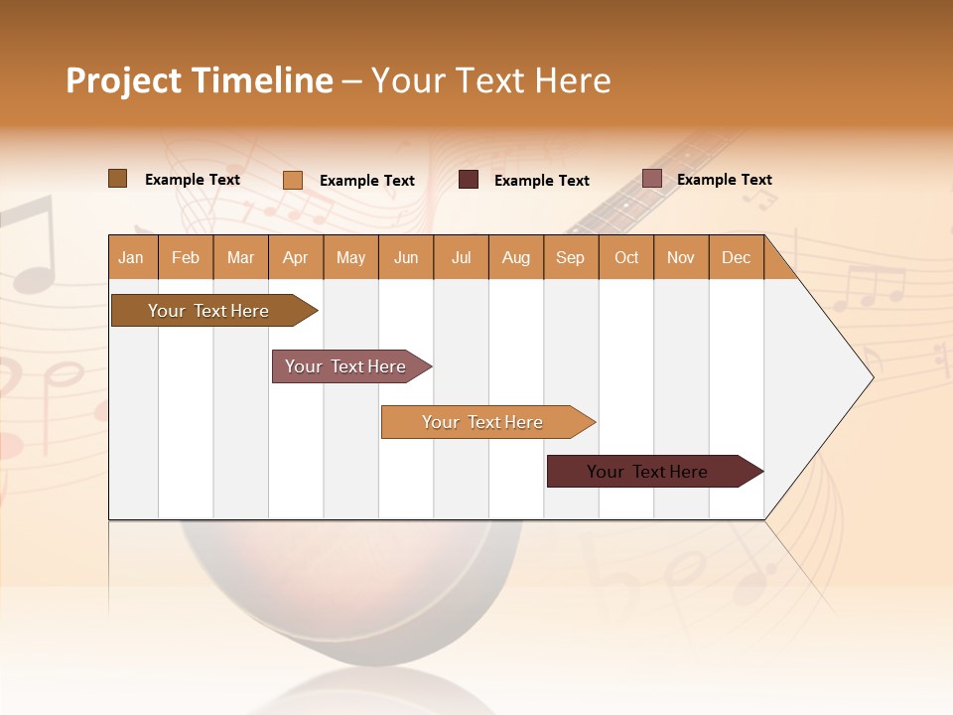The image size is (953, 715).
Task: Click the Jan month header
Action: click(132, 257)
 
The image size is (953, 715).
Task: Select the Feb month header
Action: click(186, 257)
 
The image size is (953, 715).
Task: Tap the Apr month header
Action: click(296, 257)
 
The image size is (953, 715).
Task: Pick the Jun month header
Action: click(406, 257)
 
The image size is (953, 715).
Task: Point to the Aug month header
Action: click(516, 257)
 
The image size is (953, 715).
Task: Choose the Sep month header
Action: click(571, 257)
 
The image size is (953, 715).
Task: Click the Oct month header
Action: click(626, 257)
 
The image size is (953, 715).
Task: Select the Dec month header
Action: click(737, 257)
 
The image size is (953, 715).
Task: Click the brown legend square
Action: click(118, 179)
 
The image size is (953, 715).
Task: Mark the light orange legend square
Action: click(293, 180)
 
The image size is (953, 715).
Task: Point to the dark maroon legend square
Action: click(469, 180)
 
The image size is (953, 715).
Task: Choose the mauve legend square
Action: click(651, 179)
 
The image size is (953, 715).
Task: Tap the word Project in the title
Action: click(125, 80)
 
